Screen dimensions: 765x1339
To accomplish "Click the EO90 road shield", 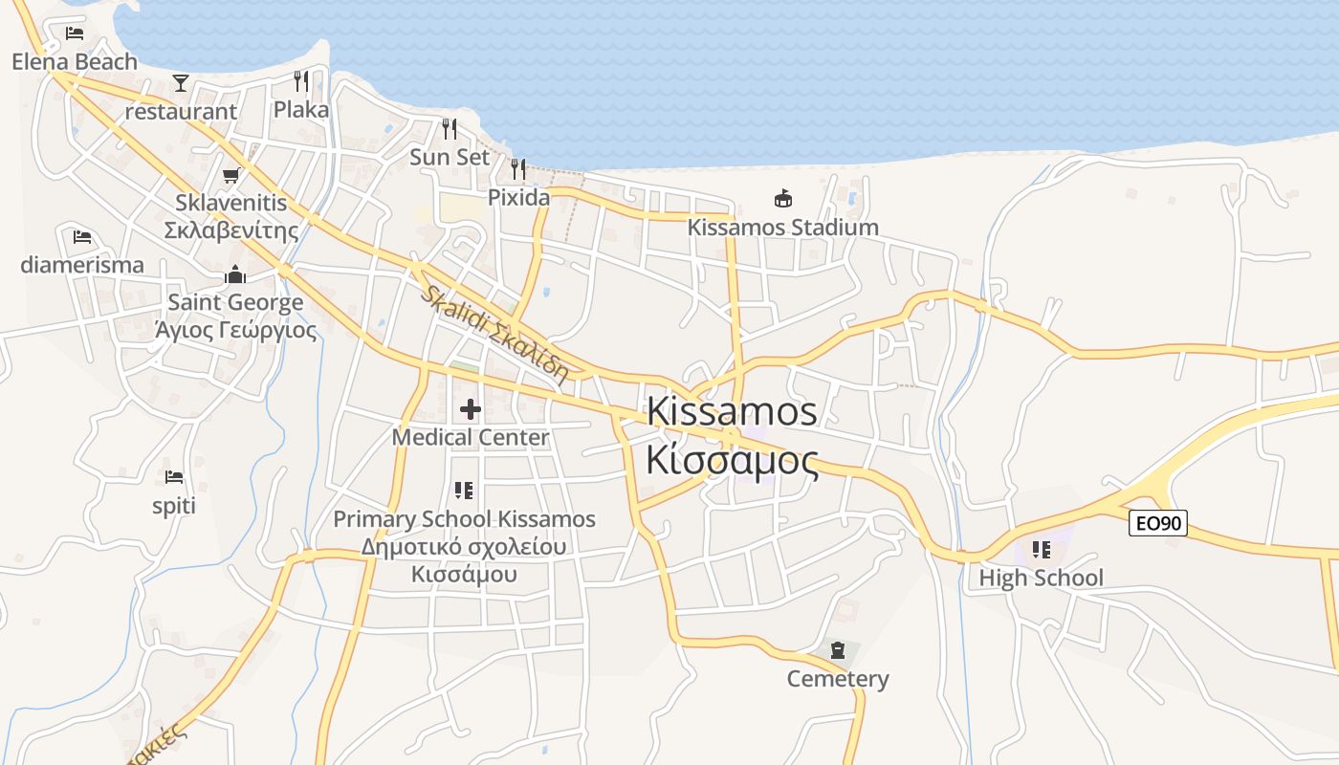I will (1158, 523).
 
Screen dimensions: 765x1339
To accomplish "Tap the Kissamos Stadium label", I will (782, 228).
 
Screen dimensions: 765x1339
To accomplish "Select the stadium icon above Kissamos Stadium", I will (783, 199).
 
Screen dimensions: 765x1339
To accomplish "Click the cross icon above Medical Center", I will (470, 409).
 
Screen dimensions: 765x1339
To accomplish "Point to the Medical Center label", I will (471, 437).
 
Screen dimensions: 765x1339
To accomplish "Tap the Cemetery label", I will (838, 679).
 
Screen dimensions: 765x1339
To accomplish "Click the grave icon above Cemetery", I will (838, 650).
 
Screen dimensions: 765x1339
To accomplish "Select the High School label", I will (1041, 578).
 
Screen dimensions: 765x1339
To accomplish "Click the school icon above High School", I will (1041, 550).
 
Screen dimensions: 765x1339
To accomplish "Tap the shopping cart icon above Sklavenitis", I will (230, 175).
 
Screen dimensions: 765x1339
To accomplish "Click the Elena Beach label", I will (75, 62).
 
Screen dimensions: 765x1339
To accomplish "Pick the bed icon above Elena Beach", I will (75, 33).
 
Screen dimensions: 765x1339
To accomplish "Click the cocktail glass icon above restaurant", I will (181, 82).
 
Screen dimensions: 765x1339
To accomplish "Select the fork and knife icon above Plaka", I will (301, 80).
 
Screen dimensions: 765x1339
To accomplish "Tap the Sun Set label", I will (450, 157).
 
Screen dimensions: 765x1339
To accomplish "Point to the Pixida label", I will (518, 197).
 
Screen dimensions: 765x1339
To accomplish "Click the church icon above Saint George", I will (235, 275).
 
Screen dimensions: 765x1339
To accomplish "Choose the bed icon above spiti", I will (173, 476).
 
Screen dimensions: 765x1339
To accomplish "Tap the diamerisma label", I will (82, 265).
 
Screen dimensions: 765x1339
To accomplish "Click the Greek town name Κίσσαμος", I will (732, 461).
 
